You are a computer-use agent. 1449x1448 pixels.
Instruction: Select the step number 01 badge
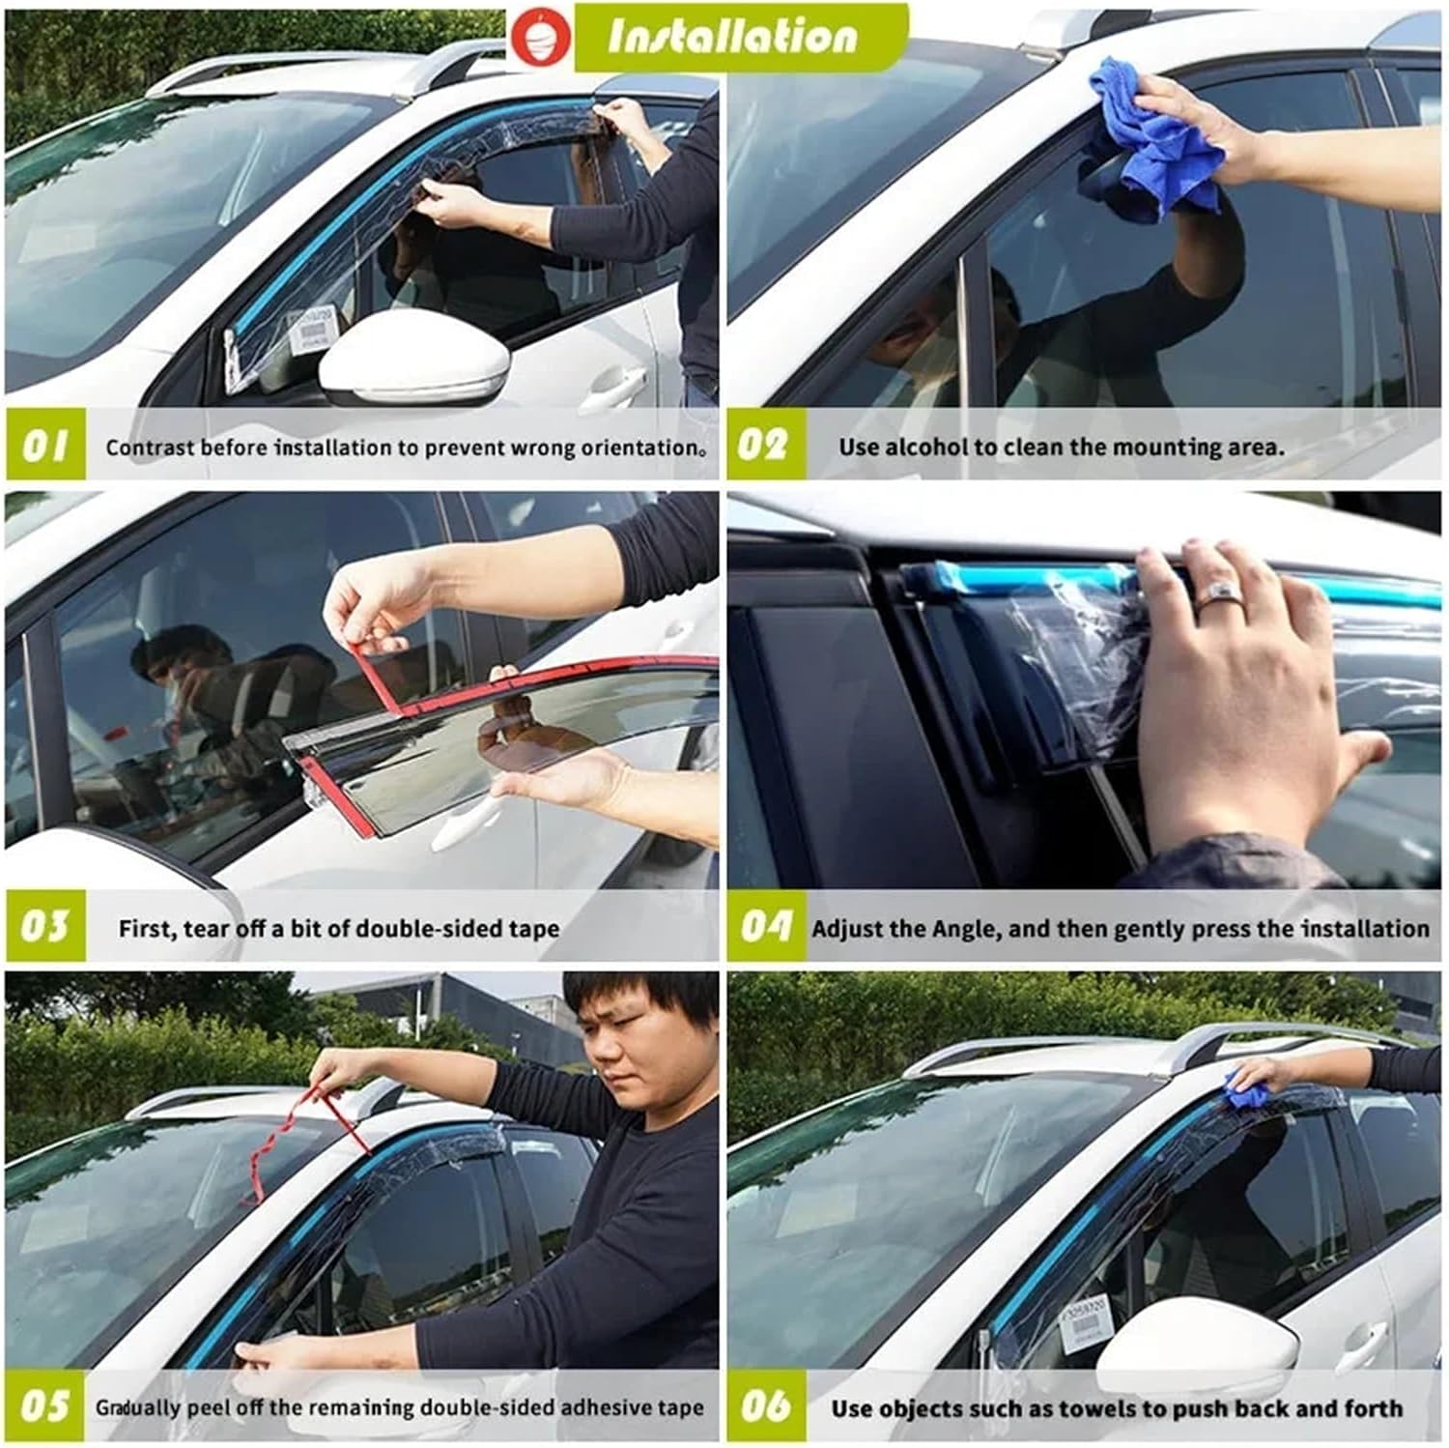click(x=44, y=445)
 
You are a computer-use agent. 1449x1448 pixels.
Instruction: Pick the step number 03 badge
click(x=44, y=926)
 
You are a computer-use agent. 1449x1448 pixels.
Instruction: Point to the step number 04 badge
click(x=765, y=926)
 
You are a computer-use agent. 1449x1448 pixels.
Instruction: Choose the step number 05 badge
click(x=44, y=1405)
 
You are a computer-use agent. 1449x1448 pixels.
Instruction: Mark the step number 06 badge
click(x=765, y=1405)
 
